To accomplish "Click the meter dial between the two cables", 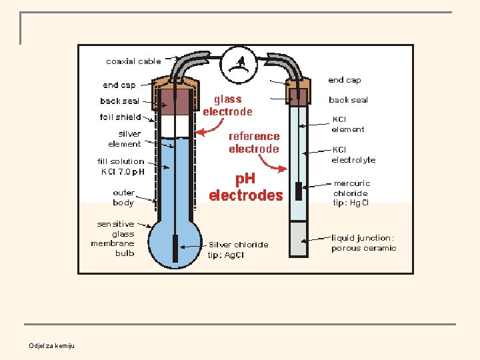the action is click(x=239, y=65).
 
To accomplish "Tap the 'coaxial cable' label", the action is click(x=133, y=61).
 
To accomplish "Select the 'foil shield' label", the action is click(x=120, y=117).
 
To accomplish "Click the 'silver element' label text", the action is click(x=125, y=139).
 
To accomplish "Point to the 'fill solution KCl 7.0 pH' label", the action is click(x=121, y=166).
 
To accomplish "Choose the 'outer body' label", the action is click(x=124, y=197).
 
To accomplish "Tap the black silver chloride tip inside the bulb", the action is click(x=175, y=248).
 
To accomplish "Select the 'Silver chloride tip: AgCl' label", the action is click(x=238, y=249).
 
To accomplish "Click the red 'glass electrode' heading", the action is click(x=228, y=105).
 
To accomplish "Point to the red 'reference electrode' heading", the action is click(x=254, y=143).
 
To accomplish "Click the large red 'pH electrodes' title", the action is click(x=246, y=187).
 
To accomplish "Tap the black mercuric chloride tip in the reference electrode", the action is click(x=299, y=191).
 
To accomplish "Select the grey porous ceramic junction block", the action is click(x=299, y=239).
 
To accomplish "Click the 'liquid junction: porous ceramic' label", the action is click(x=364, y=243).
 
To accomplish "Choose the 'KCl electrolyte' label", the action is click(x=353, y=155).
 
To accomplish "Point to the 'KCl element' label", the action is click(x=348, y=124).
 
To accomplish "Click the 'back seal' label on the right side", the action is click(x=349, y=100).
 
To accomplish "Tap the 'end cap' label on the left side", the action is click(x=119, y=85).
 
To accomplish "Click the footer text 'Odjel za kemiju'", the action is click(x=52, y=345).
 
